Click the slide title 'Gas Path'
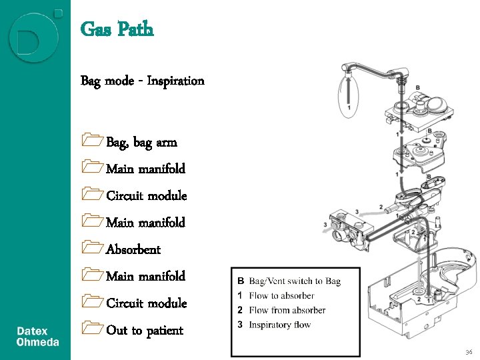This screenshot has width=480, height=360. point(117,29)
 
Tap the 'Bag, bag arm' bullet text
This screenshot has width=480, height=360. point(141,143)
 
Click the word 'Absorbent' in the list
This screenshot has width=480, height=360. point(133,250)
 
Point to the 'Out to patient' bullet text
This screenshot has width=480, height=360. point(145,331)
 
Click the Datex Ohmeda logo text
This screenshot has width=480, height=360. point(37,337)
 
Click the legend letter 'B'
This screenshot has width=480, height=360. point(241,281)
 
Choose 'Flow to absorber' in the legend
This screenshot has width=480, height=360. point(281,296)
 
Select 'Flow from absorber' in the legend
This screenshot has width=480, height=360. point(287,311)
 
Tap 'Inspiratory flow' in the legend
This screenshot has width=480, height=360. point(280,325)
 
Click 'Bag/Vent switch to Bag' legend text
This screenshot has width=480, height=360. point(295,281)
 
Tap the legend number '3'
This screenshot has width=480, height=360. point(241,325)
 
